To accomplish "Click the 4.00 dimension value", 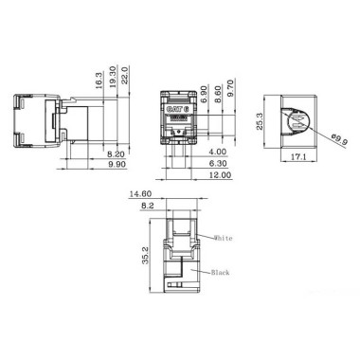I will pyautogui.click(x=219, y=152).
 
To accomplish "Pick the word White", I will pyautogui.click(x=223, y=238).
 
